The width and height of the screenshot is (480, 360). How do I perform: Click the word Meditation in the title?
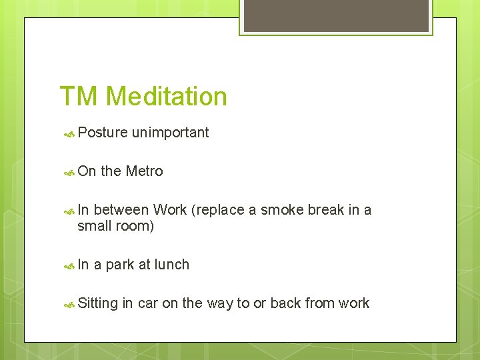[166, 97]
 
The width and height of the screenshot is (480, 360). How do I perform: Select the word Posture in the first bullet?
[102, 133]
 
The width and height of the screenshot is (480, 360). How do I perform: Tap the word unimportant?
[170, 133]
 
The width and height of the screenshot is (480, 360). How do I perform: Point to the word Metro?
[144, 171]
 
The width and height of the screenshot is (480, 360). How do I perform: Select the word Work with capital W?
[169, 210]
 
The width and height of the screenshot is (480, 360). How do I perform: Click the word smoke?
[282, 210]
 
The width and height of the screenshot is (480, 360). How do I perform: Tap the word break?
[327, 210]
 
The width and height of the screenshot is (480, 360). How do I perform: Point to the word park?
[119, 265]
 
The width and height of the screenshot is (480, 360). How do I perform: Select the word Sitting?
[97, 303]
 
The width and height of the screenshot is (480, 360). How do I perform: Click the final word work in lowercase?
[353, 303]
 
